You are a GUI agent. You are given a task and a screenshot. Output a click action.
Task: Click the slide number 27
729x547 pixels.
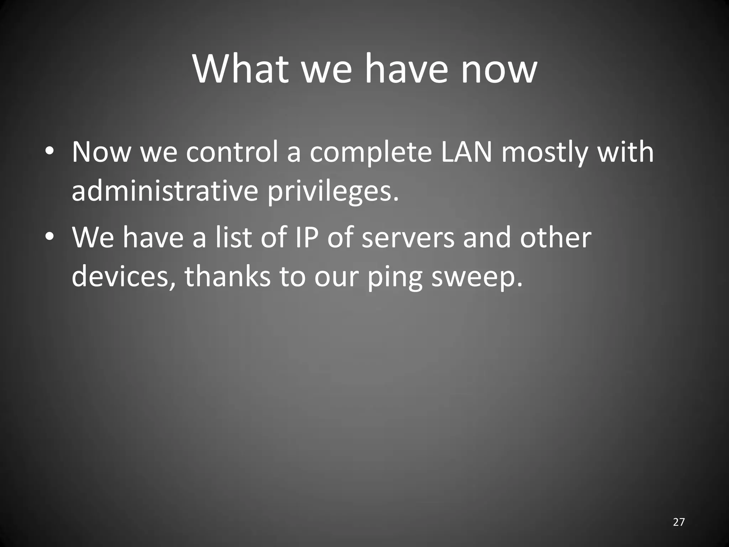pyautogui.click(x=679, y=522)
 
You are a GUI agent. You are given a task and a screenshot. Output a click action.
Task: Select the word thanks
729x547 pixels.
pyautogui.click(x=228, y=277)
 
